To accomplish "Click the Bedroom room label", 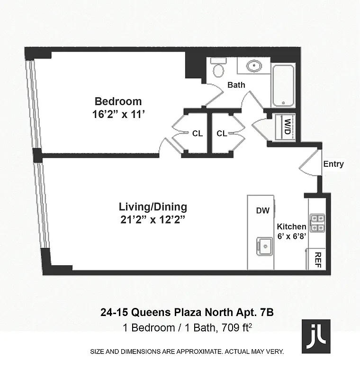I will click(x=118, y=101).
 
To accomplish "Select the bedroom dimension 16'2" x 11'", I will click(x=118, y=114).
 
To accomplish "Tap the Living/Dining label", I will click(x=153, y=207).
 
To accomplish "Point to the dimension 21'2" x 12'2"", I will click(x=153, y=220).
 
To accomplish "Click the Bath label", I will click(x=236, y=85).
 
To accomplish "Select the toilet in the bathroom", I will click(x=218, y=69).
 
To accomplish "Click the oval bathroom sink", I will click(x=254, y=66).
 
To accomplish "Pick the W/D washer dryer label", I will click(x=287, y=126).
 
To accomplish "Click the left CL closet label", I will click(x=198, y=134).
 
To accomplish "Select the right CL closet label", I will click(x=222, y=134).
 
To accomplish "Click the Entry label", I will click(x=333, y=164).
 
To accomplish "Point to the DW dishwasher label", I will click(x=262, y=211).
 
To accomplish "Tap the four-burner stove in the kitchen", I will click(x=316, y=222).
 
